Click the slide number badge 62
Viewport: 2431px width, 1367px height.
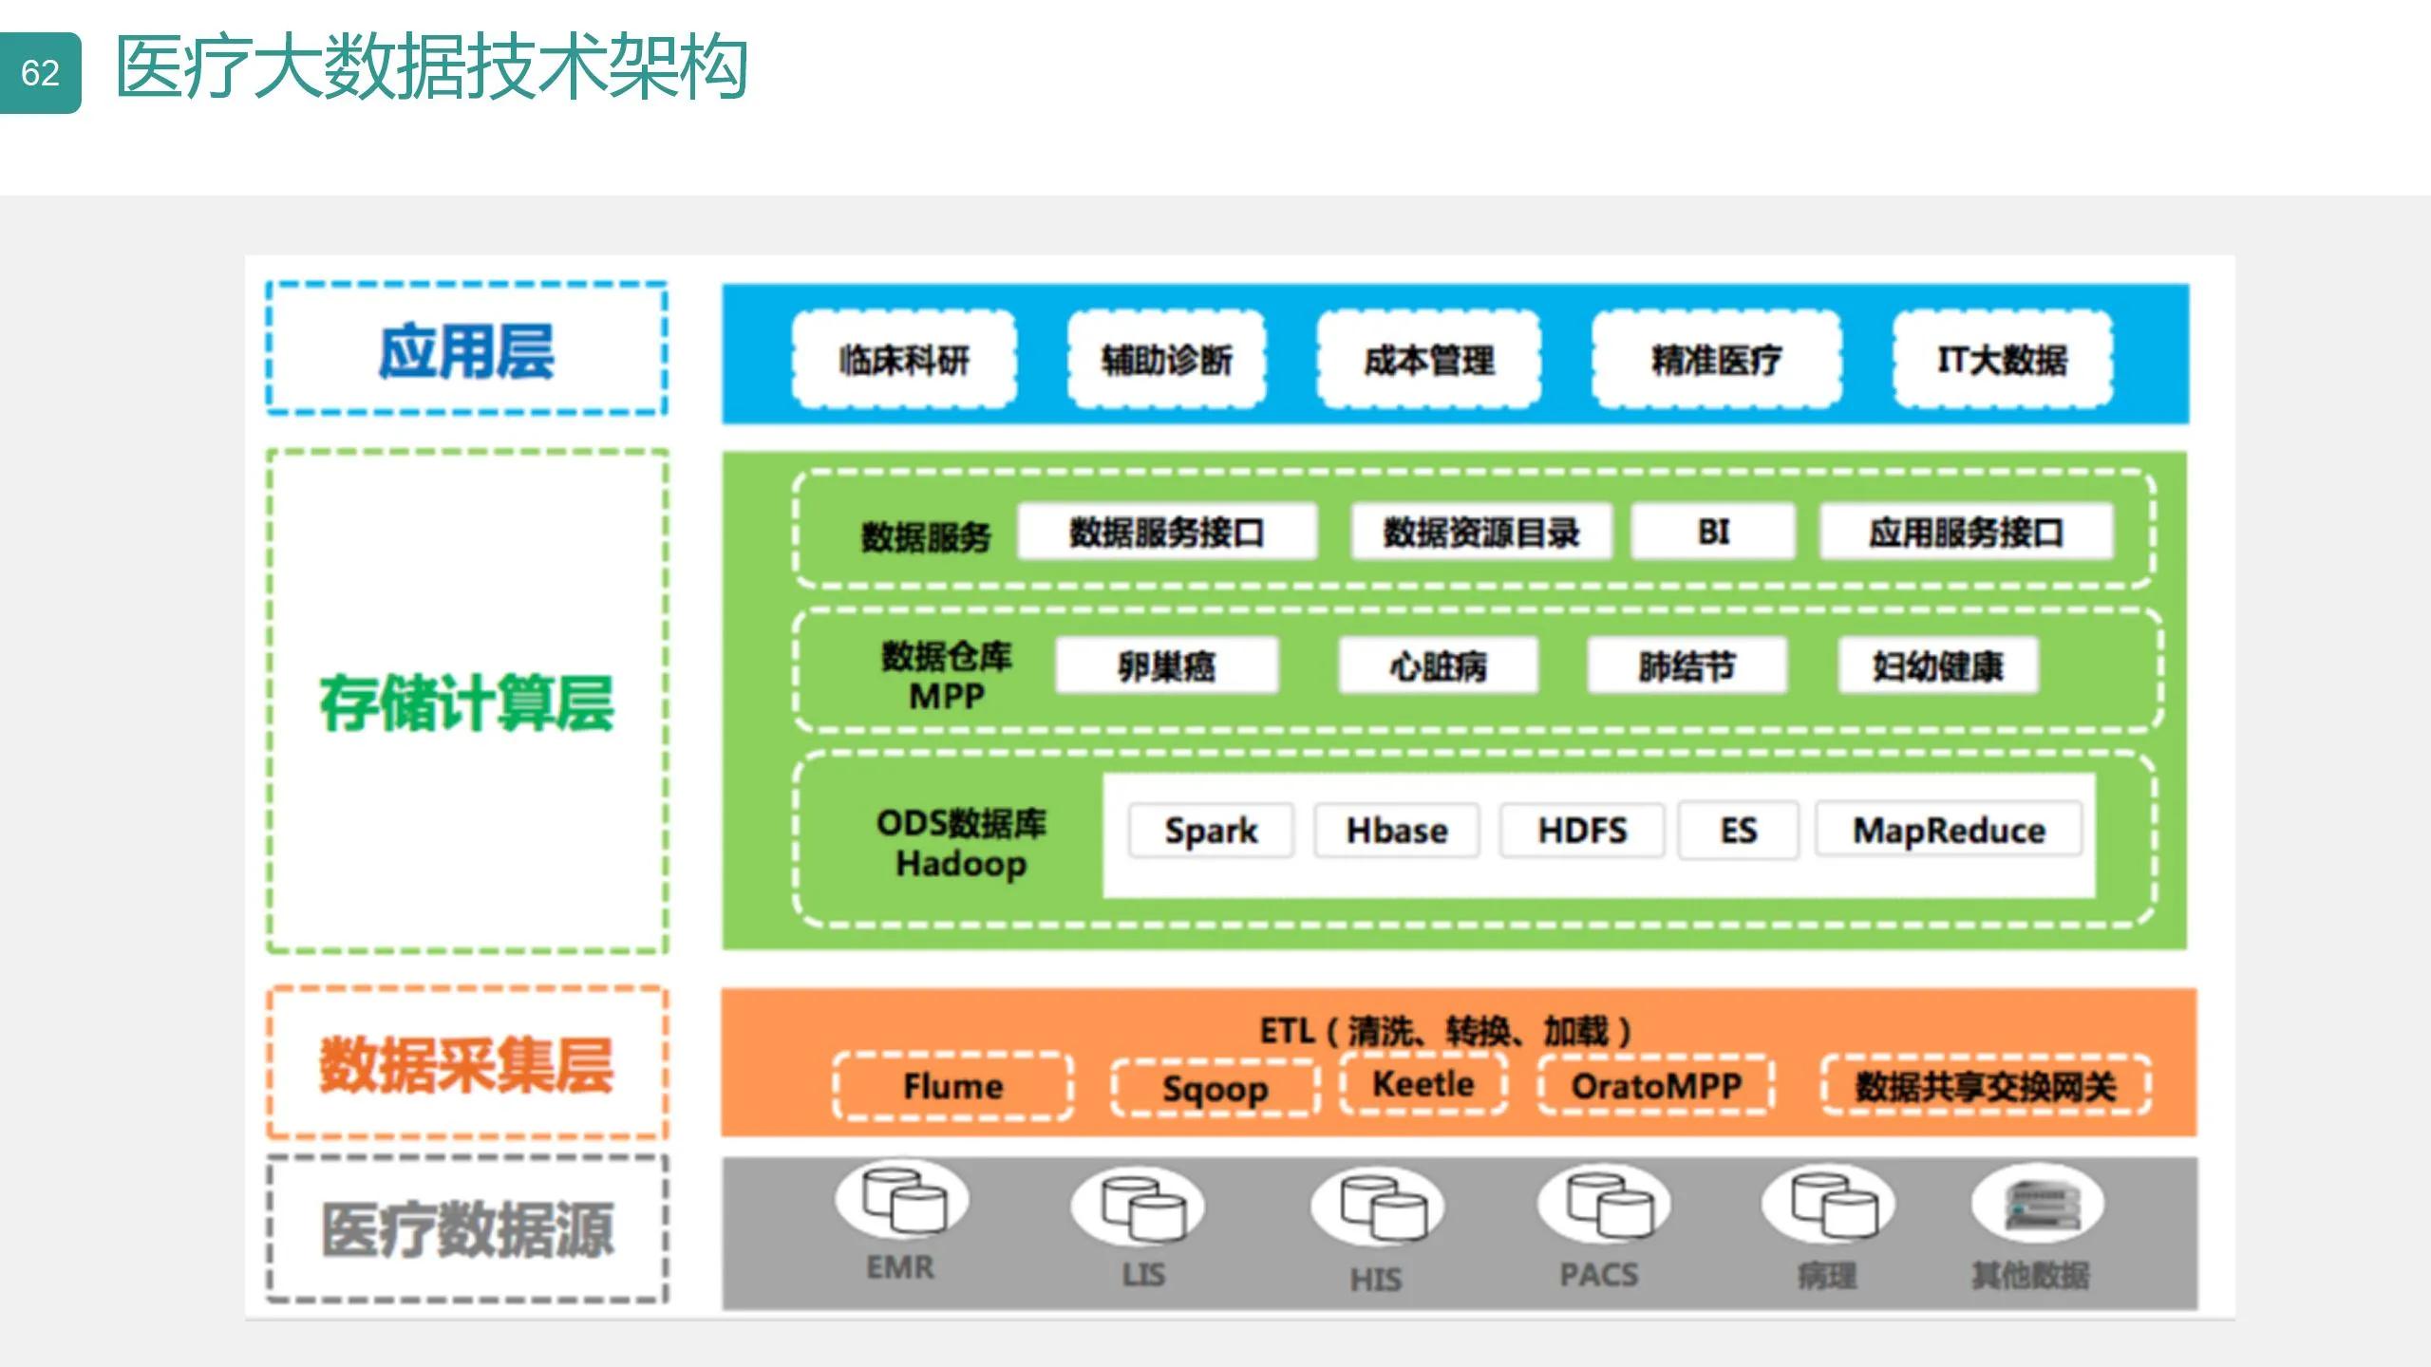40,73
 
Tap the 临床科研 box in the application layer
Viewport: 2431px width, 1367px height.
904,360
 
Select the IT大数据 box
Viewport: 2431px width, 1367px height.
2002,360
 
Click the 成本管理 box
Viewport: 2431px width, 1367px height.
1428,360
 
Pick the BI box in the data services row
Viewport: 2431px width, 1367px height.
1713,532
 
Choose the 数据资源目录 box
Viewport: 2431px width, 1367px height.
1480,532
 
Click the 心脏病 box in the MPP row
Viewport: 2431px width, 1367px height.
1438,665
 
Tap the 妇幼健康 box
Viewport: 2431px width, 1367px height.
1937,665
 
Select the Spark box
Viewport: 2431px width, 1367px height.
1211,831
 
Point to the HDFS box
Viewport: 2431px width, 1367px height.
1582,831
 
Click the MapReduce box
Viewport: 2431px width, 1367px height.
1949,831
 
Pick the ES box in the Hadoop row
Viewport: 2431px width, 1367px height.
1738,831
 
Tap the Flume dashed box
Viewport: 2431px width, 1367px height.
952,1086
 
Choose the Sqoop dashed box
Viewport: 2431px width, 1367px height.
1215,1088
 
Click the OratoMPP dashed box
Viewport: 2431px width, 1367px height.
1656,1085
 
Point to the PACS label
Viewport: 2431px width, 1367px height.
1599,1274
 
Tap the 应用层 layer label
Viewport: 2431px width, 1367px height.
466,349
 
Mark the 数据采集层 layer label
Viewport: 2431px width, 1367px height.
466,1063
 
